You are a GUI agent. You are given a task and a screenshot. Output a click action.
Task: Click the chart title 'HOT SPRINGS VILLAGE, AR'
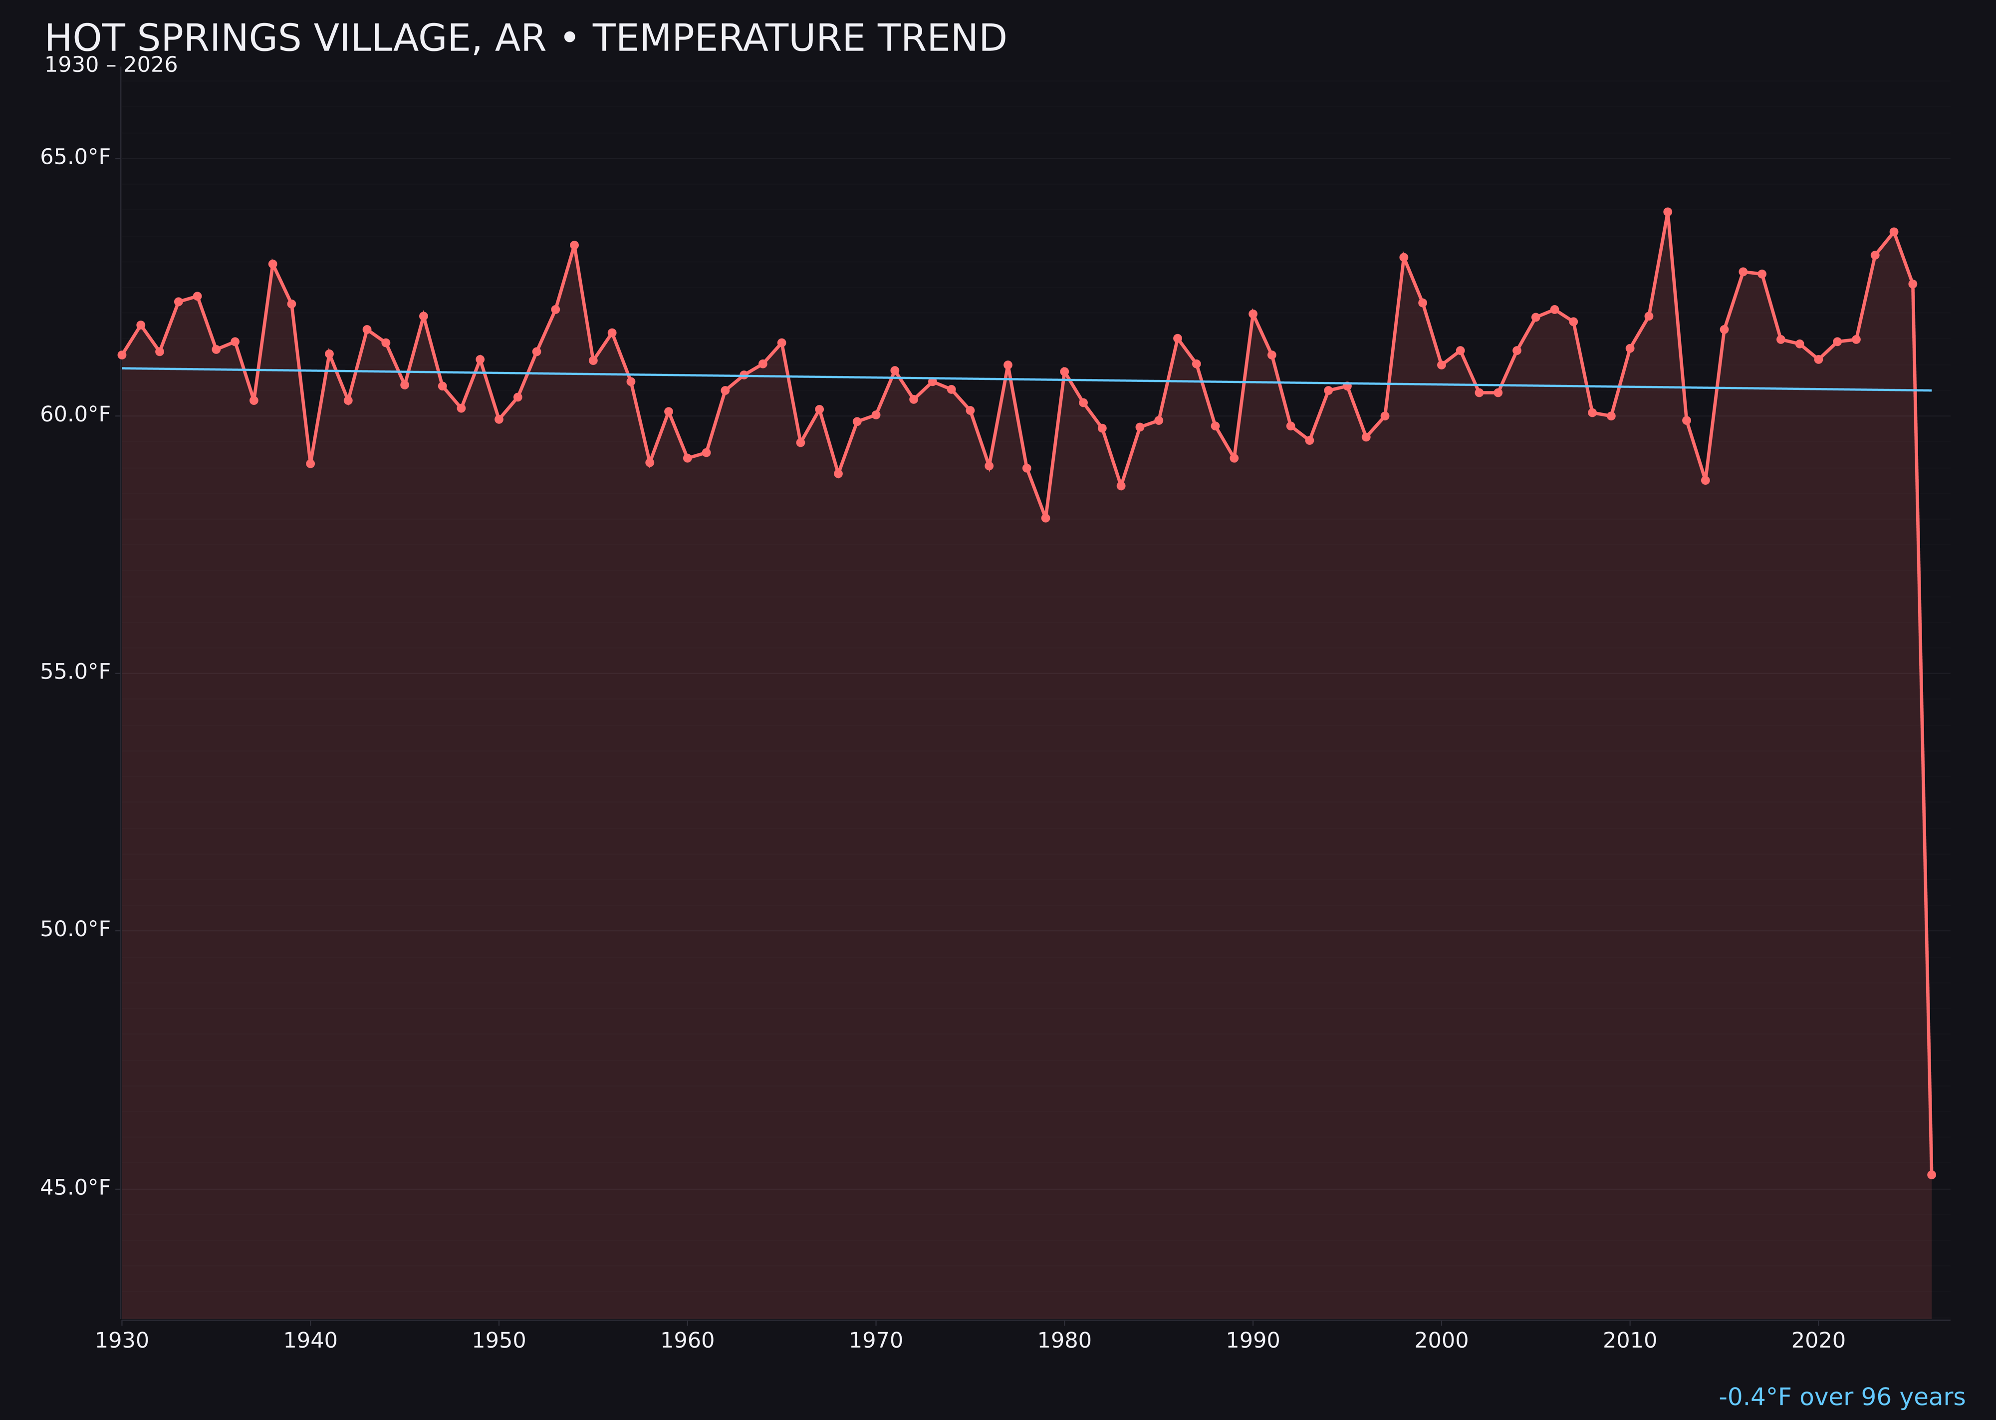(524, 38)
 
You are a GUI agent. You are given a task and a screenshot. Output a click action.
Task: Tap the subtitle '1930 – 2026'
(111, 65)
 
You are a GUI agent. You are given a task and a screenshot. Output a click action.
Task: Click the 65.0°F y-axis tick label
(75, 157)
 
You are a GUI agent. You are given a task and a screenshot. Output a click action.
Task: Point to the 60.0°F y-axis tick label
(75, 414)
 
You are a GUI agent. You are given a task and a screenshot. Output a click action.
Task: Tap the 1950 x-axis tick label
(499, 1341)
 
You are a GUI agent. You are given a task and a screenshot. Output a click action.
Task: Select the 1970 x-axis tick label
(876, 1341)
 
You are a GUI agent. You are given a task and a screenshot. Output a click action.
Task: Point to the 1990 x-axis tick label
(1252, 1341)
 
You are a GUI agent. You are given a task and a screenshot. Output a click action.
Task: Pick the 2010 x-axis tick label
(1630, 1341)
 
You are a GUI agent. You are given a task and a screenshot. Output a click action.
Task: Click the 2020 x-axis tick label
(1818, 1341)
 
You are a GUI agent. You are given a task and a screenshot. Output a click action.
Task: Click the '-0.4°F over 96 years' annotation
(1841, 1397)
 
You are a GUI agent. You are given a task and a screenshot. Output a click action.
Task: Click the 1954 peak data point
(574, 246)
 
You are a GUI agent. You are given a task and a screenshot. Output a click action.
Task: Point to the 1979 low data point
(1045, 518)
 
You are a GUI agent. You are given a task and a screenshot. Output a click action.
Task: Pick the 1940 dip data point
(310, 463)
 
